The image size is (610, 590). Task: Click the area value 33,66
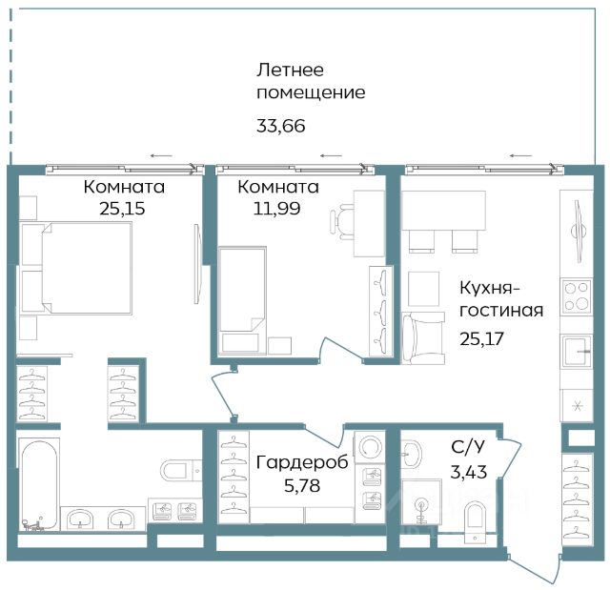(281, 126)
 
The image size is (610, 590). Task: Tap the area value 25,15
(122, 209)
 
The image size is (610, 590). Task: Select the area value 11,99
(276, 209)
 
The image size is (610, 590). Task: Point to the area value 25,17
(481, 338)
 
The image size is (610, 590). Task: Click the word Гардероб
(302, 463)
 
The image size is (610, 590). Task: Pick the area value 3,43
(469, 472)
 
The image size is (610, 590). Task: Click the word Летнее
(290, 70)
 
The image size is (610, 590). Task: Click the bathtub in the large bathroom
(38, 485)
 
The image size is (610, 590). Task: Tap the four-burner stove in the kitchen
(577, 296)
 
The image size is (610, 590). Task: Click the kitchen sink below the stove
(577, 351)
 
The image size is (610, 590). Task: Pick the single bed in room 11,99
(242, 300)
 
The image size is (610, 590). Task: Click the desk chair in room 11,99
(341, 221)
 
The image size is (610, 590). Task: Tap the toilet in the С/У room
(476, 520)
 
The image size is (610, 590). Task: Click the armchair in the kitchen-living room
(423, 338)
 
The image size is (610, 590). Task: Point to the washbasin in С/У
(411, 454)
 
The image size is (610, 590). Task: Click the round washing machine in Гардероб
(370, 445)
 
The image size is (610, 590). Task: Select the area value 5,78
(302, 486)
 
